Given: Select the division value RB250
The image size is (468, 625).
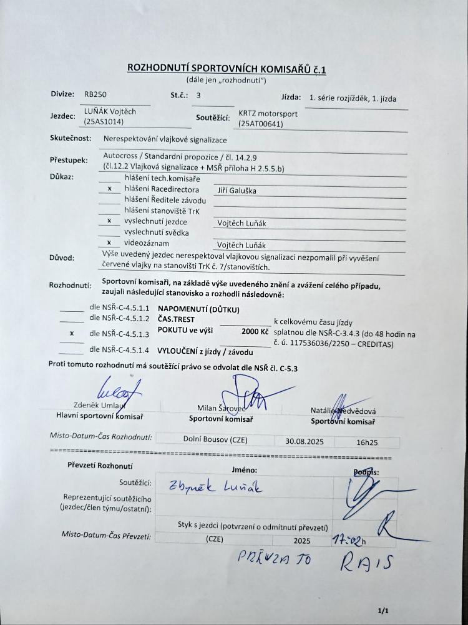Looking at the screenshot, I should (95, 95).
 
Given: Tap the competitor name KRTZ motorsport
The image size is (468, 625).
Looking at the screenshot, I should (268, 114).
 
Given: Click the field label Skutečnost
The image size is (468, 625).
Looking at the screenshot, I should (71, 139).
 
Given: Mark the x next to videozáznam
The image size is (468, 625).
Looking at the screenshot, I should (110, 242).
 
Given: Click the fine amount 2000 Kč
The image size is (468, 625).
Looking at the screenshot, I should (255, 331).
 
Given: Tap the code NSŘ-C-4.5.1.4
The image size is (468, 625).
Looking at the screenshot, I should (122, 349).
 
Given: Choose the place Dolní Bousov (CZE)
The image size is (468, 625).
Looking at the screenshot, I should (216, 439).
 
